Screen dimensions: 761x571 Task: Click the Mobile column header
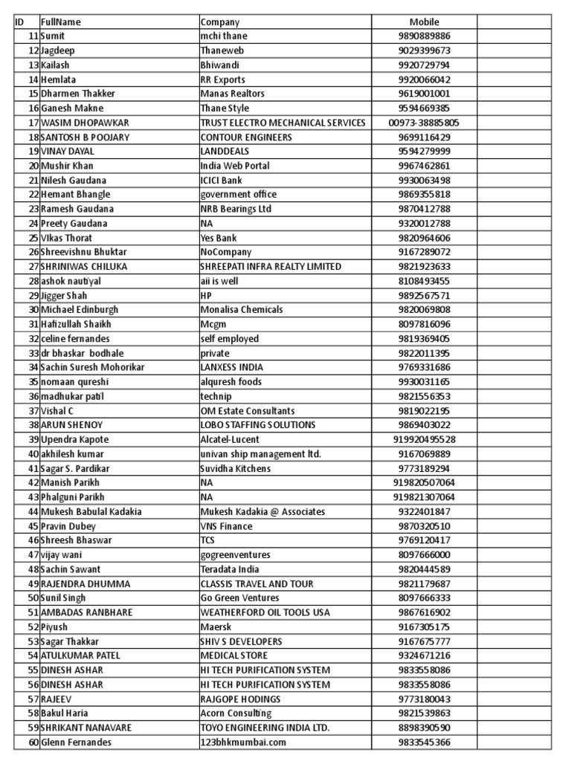(424, 22)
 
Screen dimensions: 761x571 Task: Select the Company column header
(220, 22)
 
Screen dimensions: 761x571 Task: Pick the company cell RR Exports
(223, 80)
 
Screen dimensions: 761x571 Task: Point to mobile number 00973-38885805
(424, 123)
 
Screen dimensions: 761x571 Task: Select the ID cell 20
(33, 166)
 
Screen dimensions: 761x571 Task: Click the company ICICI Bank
(222, 180)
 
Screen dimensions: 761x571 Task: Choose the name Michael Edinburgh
(80, 309)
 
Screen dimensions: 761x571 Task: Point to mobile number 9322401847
(424, 511)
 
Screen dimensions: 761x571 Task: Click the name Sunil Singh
(63, 598)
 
